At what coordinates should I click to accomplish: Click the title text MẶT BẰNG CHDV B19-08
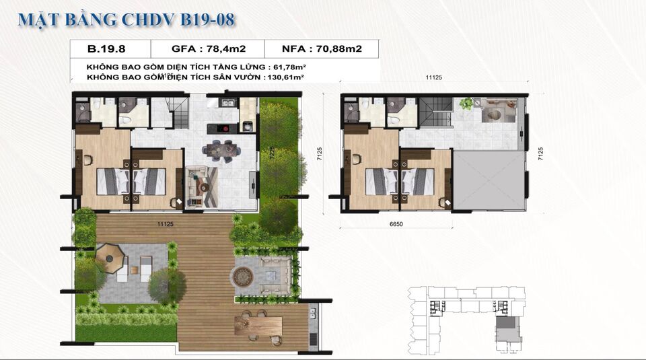point(126,20)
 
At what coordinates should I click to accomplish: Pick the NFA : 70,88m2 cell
point(321,48)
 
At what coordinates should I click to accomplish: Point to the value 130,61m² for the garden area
point(283,78)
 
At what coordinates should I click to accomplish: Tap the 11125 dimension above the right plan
point(434,78)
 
